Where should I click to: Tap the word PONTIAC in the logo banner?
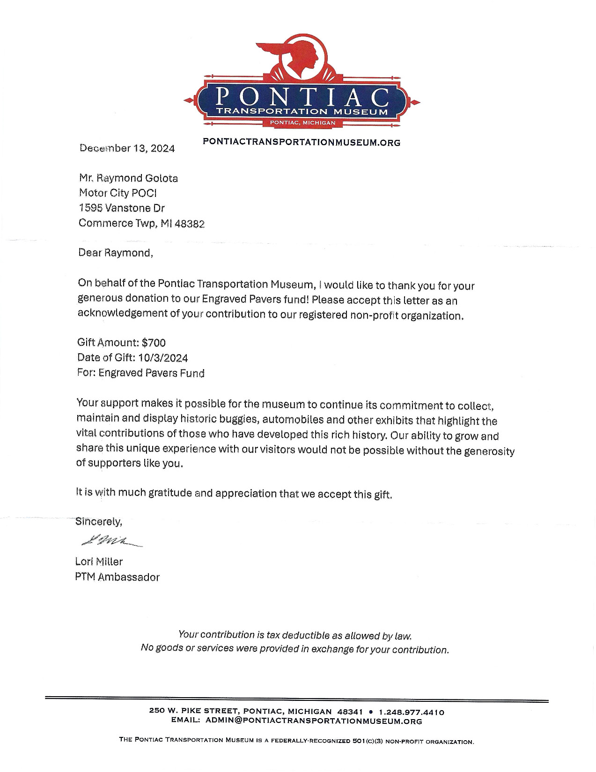[x=302, y=96]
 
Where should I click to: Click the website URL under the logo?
[x=302, y=142]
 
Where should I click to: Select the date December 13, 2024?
[x=127, y=148]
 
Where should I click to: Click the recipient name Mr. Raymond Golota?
[x=128, y=178]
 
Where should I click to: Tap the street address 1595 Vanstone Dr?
[x=122, y=208]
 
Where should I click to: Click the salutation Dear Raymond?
[x=115, y=253]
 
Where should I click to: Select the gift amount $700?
[x=154, y=343]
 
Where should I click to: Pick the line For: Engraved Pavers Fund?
[x=140, y=373]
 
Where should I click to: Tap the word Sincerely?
[x=99, y=521]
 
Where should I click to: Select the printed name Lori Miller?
[x=99, y=561]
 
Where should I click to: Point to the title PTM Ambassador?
[x=117, y=577]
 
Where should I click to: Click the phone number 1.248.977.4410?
[x=412, y=713]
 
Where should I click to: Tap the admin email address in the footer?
[x=314, y=721]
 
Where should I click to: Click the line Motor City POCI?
[x=118, y=193]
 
